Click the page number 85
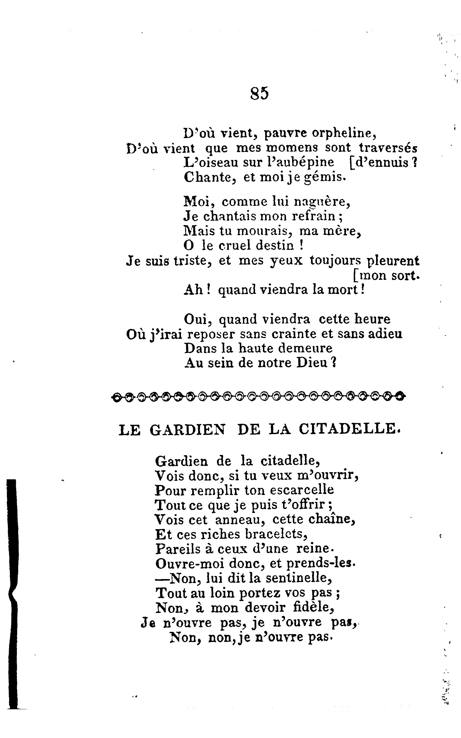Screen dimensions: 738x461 tap(259, 93)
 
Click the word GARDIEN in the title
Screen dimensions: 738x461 tap(188, 430)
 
